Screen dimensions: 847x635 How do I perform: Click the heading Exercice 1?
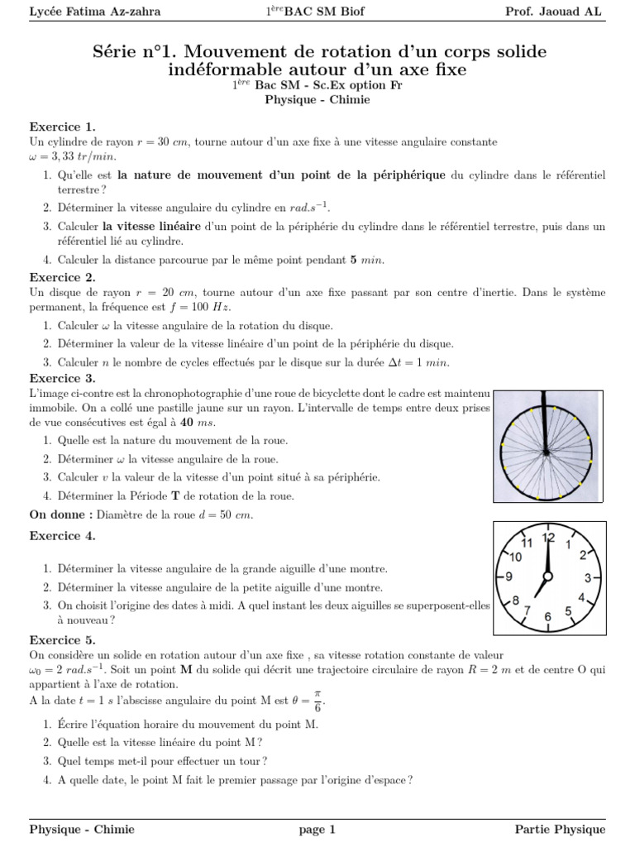pyautogui.click(x=63, y=127)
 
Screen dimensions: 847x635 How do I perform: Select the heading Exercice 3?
pyautogui.click(x=63, y=378)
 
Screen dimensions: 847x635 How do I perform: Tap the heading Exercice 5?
pyautogui.click(x=63, y=639)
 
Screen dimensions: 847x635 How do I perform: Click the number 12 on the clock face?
pyautogui.click(x=547, y=538)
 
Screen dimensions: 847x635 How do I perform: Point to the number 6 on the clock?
pyautogui.click(x=547, y=617)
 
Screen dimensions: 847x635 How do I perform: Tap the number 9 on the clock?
pyautogui.click(x=508, y=577)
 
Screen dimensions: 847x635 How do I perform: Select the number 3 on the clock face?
pyautogui.click(x=588, y=577)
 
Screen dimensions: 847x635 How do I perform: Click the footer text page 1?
pyautogui.click(x=317, y=829)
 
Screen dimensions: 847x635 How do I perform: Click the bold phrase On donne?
pyautogui.click(x=60, y=514)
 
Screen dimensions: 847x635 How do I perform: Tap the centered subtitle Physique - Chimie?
pyautogui.click(x=317, y=99)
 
